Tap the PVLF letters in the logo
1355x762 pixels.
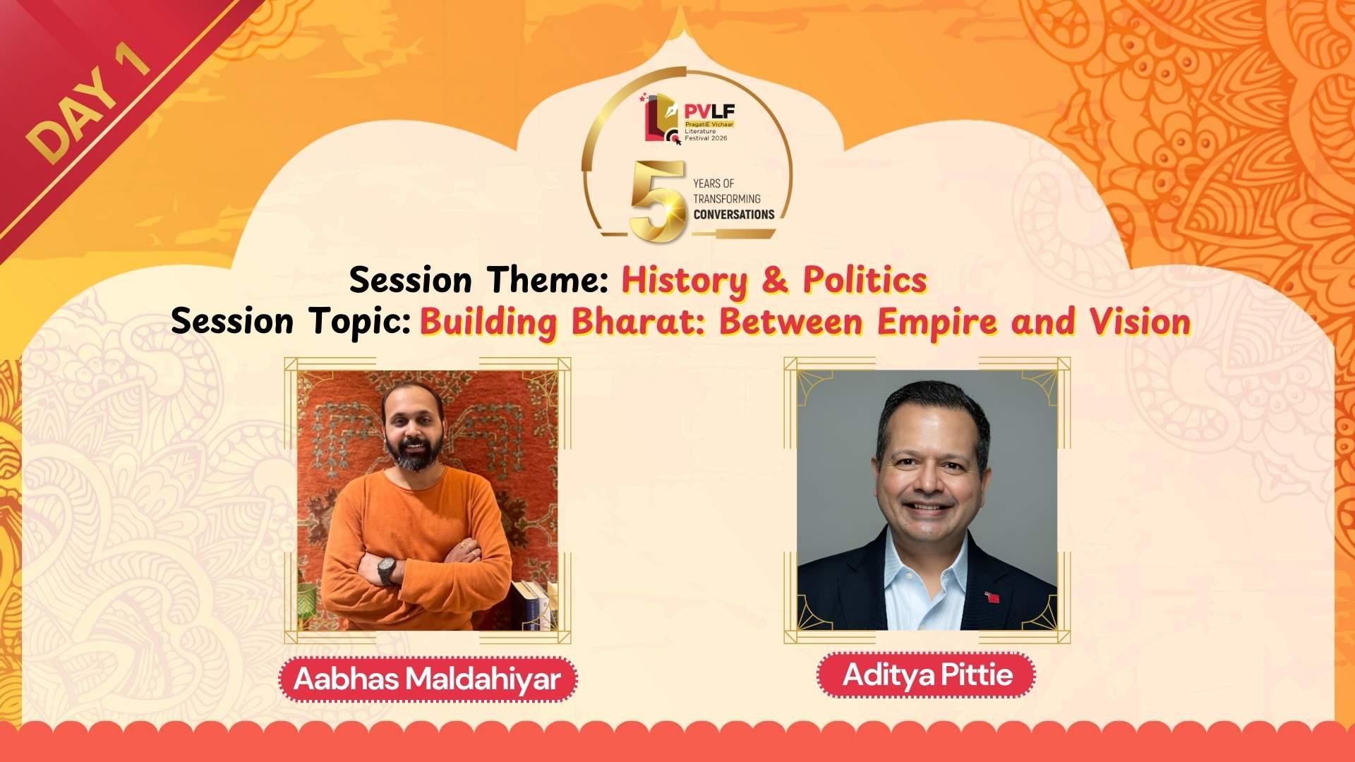point(709,111)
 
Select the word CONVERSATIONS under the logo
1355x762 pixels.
point(733,214)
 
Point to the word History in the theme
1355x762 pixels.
point(684,281)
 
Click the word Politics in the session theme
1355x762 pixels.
point(865,281)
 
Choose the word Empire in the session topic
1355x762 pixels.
point(937,322)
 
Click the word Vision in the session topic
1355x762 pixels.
point(1140,322)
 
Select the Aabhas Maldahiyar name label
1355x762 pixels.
point(428,679)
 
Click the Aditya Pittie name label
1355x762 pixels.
point(927,675)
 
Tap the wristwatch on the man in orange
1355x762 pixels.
point(386,570)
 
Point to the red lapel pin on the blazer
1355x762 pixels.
point(992,598)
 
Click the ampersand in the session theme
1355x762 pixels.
point(774,281)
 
